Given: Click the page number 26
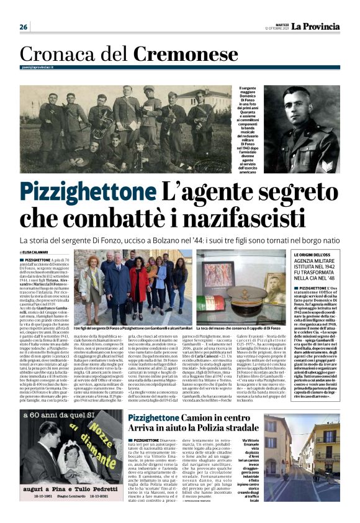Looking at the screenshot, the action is [24, 27].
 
